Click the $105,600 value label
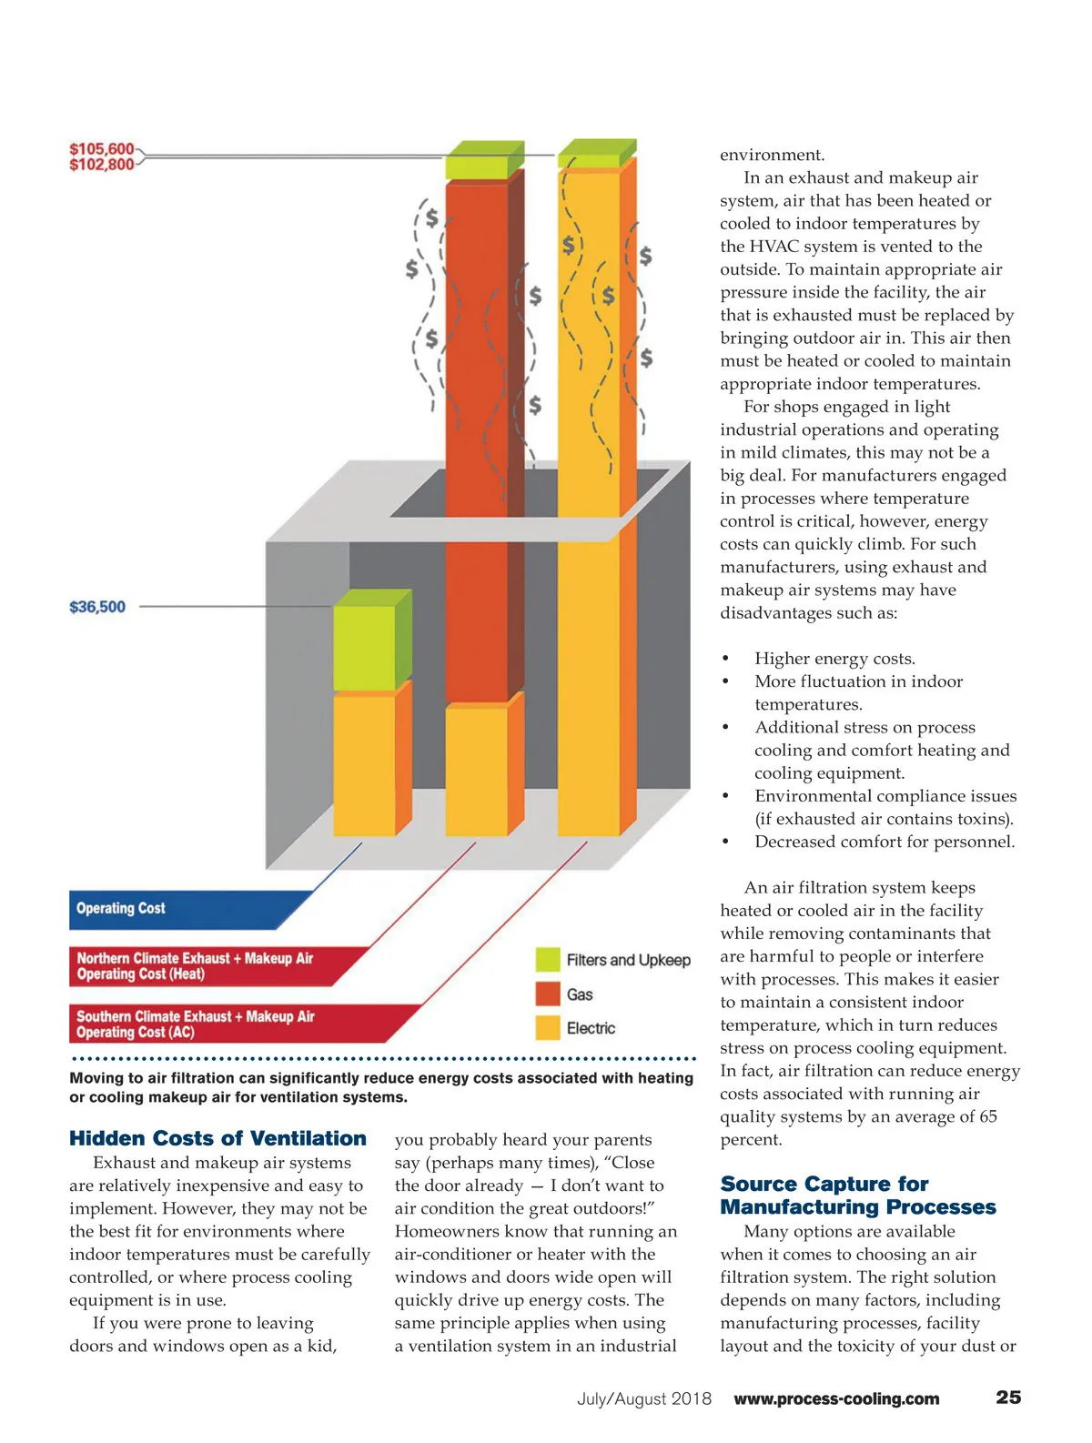click(x=101, y=148)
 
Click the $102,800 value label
click(x=101, y=165)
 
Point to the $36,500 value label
click(x=97, y=607)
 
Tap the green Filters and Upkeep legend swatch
click(x=548, y=960)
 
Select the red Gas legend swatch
click(x=548, y=994)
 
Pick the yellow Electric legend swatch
click(x=548, y=1027)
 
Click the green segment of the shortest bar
click(x=364, y=648)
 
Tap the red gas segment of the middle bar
click(x=476, y=437)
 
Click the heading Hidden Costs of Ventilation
click(x=217, y=1138)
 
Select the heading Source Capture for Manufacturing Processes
click(x=857, y=1196)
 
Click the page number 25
click(x=1008, y=1398)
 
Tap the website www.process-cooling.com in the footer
click(x=836, y=1398)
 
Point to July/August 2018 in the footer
click(x=644, y=1398)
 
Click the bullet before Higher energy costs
click(x=725, y=659)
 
